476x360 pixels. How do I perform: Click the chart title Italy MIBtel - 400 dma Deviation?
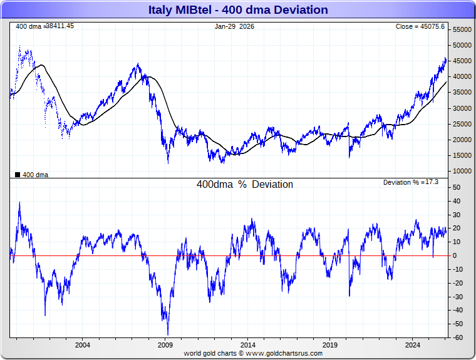pyautogui.click(x=238, y=10)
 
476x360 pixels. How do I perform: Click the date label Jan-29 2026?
pyautogui.click(x=234, y=26)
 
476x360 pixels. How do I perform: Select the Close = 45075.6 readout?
pyautogui.click(x=420, y=26)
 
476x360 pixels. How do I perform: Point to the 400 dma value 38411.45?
pyautogui.click(x=59, y=26)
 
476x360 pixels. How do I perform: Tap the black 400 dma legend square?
pyautogui.click(x=18, y=175)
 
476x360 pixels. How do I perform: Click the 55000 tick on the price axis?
pyautogui.click(x=462, y=29)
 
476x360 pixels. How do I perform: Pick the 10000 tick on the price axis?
pyautogui.click(x=462, y=171)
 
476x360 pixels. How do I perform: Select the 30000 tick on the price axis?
pyautogui.click(x=462, y=108)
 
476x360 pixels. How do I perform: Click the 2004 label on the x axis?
pyautogui.click(x=82, y=345)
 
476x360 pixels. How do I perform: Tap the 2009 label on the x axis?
pyautogui.click(x=165, y=345)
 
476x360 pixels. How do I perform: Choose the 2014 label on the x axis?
pyautogui.click(x=247, y=345)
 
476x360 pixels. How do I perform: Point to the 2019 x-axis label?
pyautogui.click(x=330, y=345)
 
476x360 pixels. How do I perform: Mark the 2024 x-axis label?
pyautogui.click(x=413, y=345)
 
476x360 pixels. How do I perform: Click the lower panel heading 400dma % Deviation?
pyautogui.click(x=245, y=185)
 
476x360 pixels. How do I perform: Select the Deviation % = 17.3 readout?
pyautogui.click(x=411, y=182)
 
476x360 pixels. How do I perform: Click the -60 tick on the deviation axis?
pyautogui.click(x=458, y=338)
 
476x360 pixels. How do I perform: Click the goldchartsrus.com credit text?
pyautogui.click(x=253, y=353)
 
